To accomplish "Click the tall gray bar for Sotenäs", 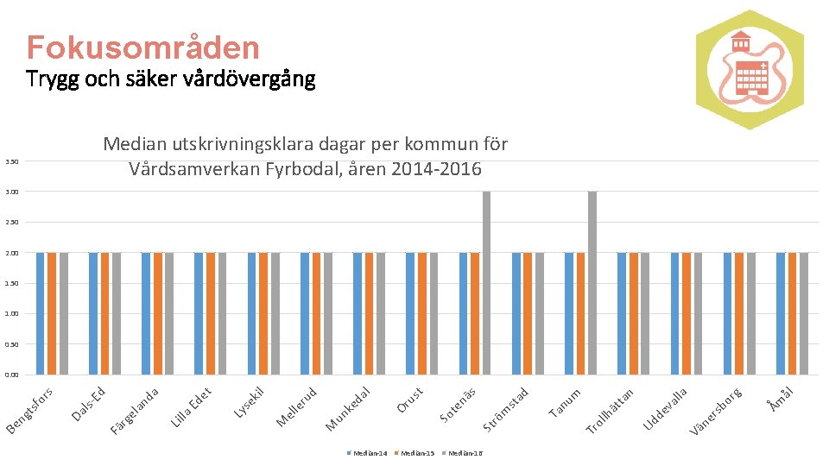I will tap(487, 282).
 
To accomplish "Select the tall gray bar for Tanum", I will tap(592, 282).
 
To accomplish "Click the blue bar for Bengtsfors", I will tap(41, 313).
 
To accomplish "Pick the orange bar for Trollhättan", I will tap(633, 313).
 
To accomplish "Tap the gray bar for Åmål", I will tap(804, 313).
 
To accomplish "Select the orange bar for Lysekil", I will tap(263, 313).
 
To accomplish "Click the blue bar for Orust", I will tap(410, 313).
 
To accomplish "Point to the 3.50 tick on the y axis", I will tap(10, 161).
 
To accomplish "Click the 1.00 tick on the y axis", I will tap(10, 314).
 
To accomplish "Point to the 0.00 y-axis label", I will tap(10, 375).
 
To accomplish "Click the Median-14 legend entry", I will tap(368, 453).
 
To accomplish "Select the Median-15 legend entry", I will tap(415, 453).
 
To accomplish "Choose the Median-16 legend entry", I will tap(463, 453).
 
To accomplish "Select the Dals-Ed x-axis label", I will tap(89, 404).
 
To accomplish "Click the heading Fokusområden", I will tap(142, 47).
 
